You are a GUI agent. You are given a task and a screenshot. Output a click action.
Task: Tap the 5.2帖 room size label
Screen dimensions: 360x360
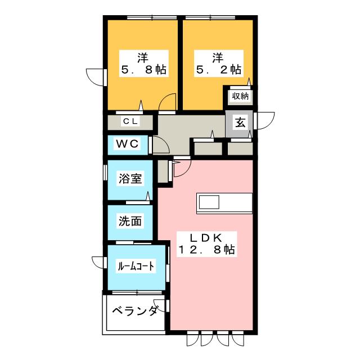click(x=218, y=70)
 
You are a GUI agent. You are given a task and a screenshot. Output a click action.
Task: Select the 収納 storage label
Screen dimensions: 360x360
click(x=239, y=96)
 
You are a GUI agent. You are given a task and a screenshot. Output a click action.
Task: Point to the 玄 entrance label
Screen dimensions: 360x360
click(x=239, y=121)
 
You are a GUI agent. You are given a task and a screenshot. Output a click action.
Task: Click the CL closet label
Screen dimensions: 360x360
click(x=130, y=121)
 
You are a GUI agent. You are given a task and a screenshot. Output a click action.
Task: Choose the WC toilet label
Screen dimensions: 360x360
click(x=127, y=144)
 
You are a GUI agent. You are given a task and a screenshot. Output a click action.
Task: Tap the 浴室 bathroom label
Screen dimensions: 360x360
click(x=130, y=179)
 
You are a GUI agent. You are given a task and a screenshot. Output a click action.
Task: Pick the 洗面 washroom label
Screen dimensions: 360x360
click(x=130, y=221)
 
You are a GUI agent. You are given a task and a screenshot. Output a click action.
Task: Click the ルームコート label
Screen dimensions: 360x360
click(x=135, y=265)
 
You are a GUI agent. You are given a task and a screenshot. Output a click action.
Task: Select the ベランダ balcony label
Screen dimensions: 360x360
click(x=134, y=311)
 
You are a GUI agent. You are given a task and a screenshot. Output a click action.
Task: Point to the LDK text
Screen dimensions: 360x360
click(x=207, y=237)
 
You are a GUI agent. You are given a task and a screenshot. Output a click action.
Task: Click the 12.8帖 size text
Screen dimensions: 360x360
click(x=207, y=250)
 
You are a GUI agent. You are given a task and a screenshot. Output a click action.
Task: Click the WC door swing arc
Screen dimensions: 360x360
click(x=162, y=146)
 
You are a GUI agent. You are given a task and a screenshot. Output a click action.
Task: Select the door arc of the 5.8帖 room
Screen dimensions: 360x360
click(x=167, y=104)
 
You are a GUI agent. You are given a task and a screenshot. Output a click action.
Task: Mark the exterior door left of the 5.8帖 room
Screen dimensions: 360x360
click(x=96, y=76)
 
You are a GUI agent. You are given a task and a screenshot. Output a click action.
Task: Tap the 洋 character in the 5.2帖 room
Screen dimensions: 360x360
click(x=218, y=57)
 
